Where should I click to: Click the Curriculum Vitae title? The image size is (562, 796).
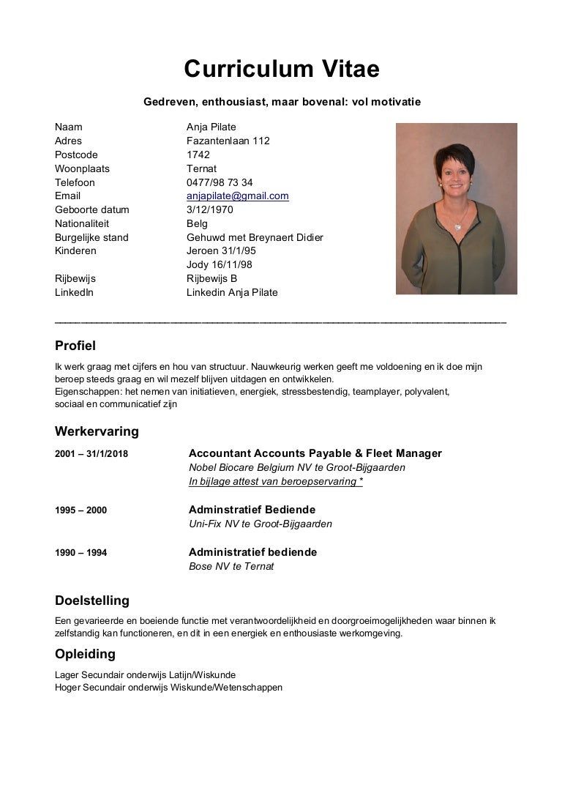click(281, 69)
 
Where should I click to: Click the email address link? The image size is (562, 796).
click(237, 196)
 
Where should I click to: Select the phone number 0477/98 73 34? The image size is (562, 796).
click(220, 182)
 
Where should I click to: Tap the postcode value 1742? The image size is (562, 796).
click(198, 155)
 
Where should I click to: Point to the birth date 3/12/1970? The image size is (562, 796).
click(209, 210)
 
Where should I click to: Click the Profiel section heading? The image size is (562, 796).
click(75, 346)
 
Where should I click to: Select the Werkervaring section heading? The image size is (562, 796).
click(97, 431)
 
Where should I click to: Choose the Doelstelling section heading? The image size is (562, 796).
click(92, 601)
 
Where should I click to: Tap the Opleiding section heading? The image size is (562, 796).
click(85, 654)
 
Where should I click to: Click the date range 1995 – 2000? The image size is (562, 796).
click(80, 510)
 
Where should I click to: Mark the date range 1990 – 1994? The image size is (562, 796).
click(80, 553)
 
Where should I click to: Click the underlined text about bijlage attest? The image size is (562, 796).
click(276, 481)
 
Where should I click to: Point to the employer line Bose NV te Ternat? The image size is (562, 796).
click(231, 567)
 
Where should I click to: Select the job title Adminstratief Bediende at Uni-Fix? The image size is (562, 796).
click(252, 510)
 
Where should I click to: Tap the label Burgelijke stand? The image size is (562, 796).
click(91, 237)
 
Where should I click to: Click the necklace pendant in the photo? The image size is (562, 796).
click(459, 226)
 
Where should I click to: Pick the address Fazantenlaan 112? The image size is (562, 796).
click(228, 141)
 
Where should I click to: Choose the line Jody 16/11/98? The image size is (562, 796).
click(220, 265)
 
